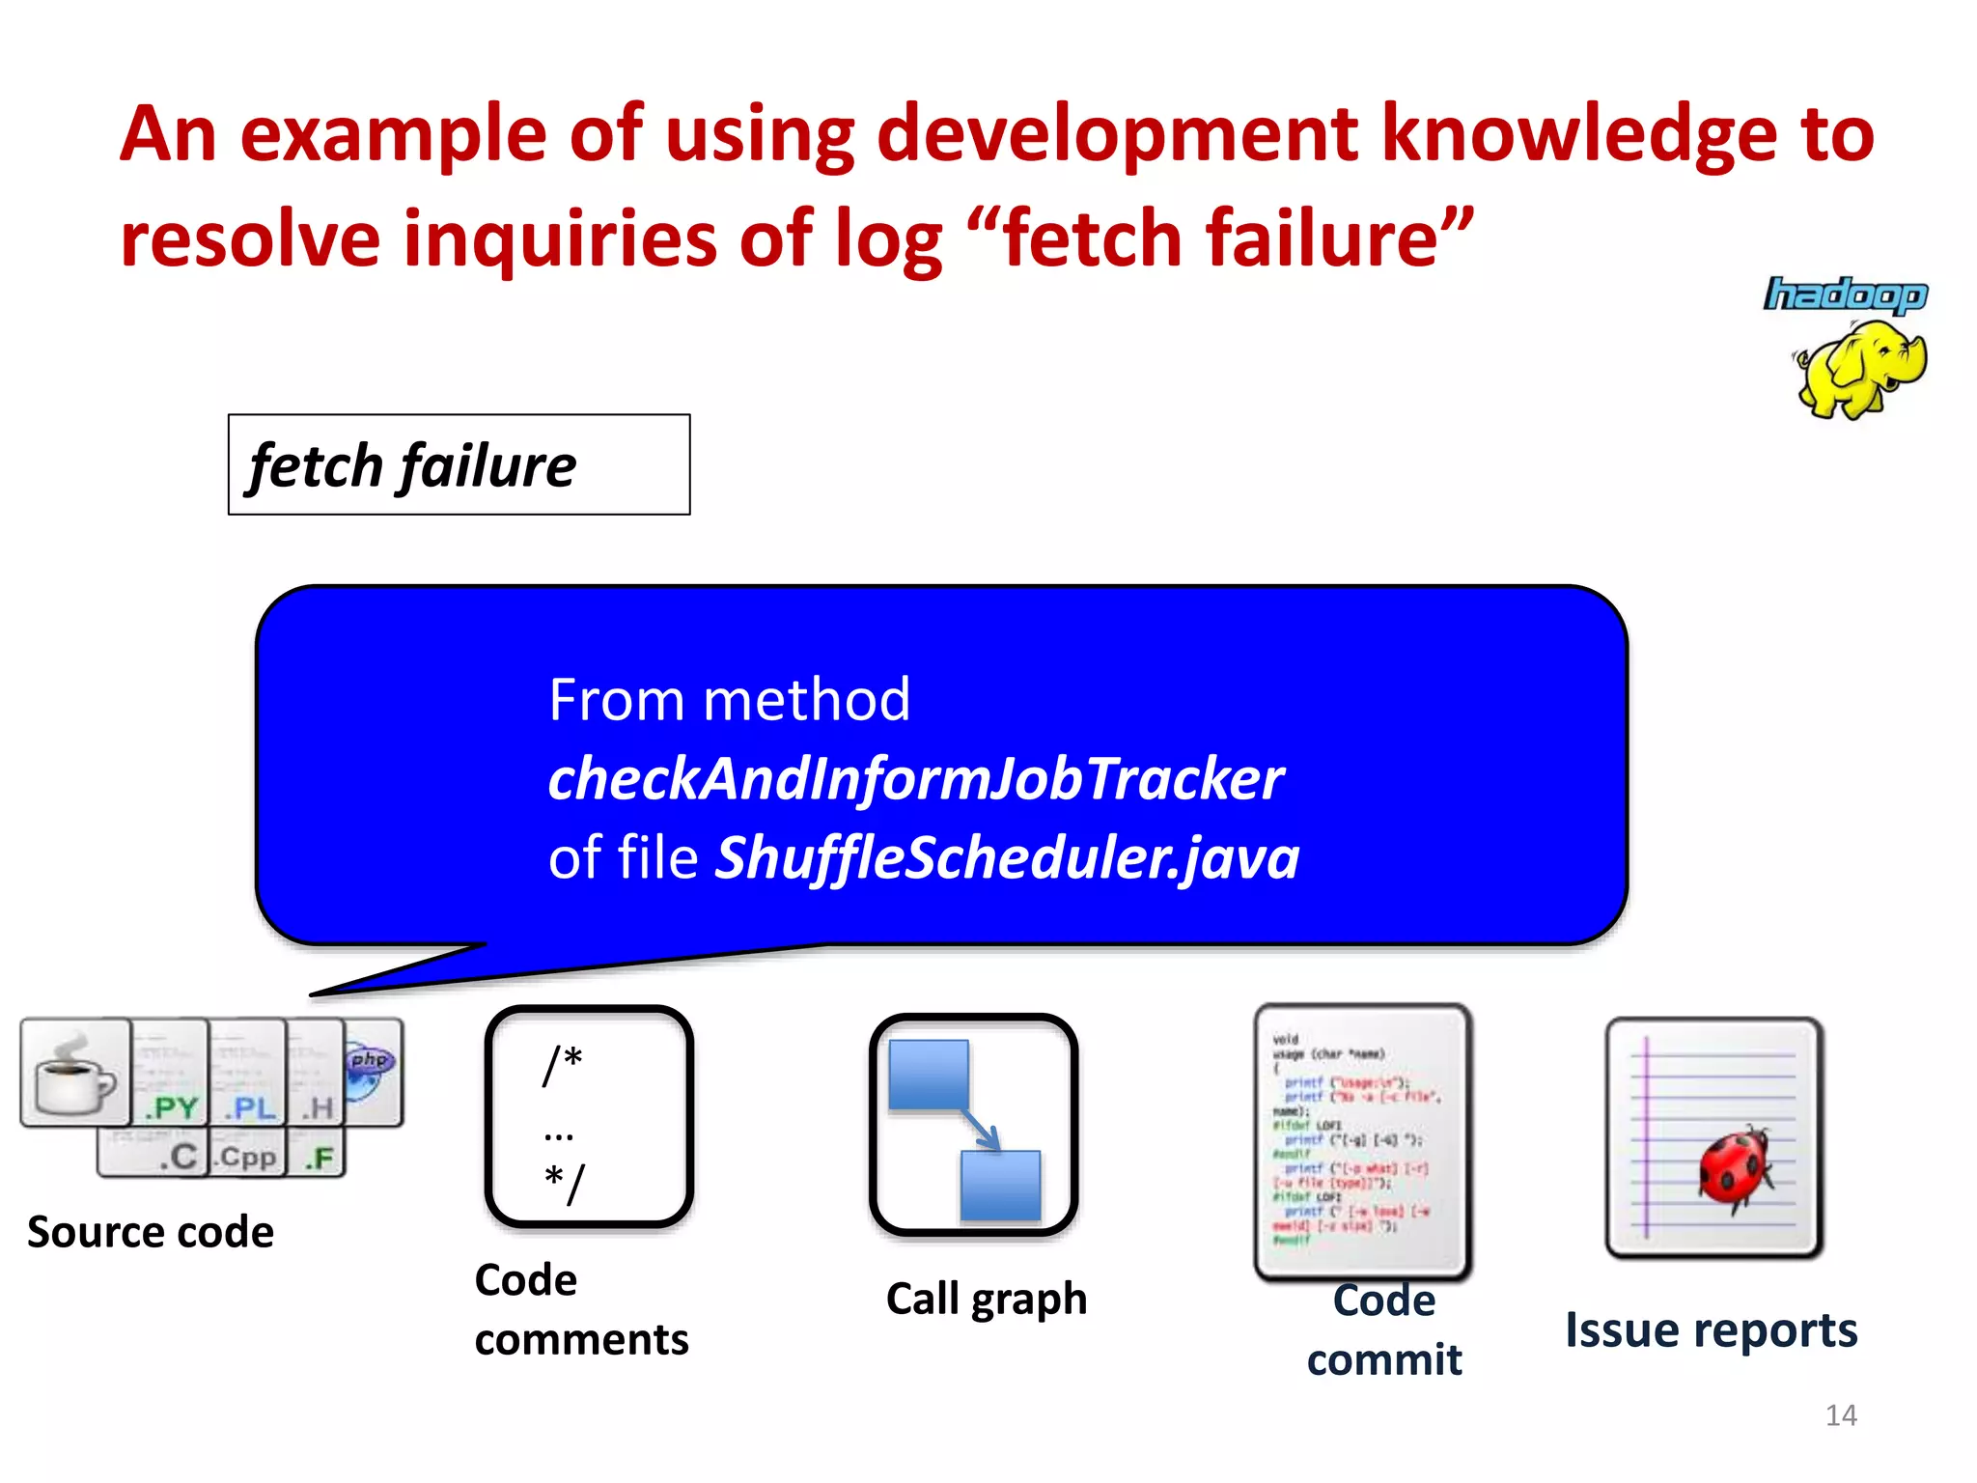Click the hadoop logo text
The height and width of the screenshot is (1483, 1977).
point(1845,294)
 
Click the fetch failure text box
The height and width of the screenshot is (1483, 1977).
point(459,465)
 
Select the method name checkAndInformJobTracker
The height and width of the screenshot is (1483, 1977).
point(915,778)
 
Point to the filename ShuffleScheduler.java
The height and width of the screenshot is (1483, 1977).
point(1007,857)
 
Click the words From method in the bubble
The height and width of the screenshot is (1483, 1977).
point(729,699)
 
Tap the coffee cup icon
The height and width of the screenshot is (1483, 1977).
point(75,1074)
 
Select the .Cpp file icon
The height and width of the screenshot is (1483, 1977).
point(247,1155)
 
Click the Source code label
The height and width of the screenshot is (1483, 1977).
point(151,1232)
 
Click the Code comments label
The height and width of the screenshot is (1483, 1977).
point(581,1309)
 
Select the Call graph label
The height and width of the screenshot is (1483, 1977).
point(987,1299)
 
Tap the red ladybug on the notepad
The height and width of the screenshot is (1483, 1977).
point(1736,1167)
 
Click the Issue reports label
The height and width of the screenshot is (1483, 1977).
point(1711,1329)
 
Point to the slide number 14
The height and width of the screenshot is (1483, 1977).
point(1841,1415)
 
